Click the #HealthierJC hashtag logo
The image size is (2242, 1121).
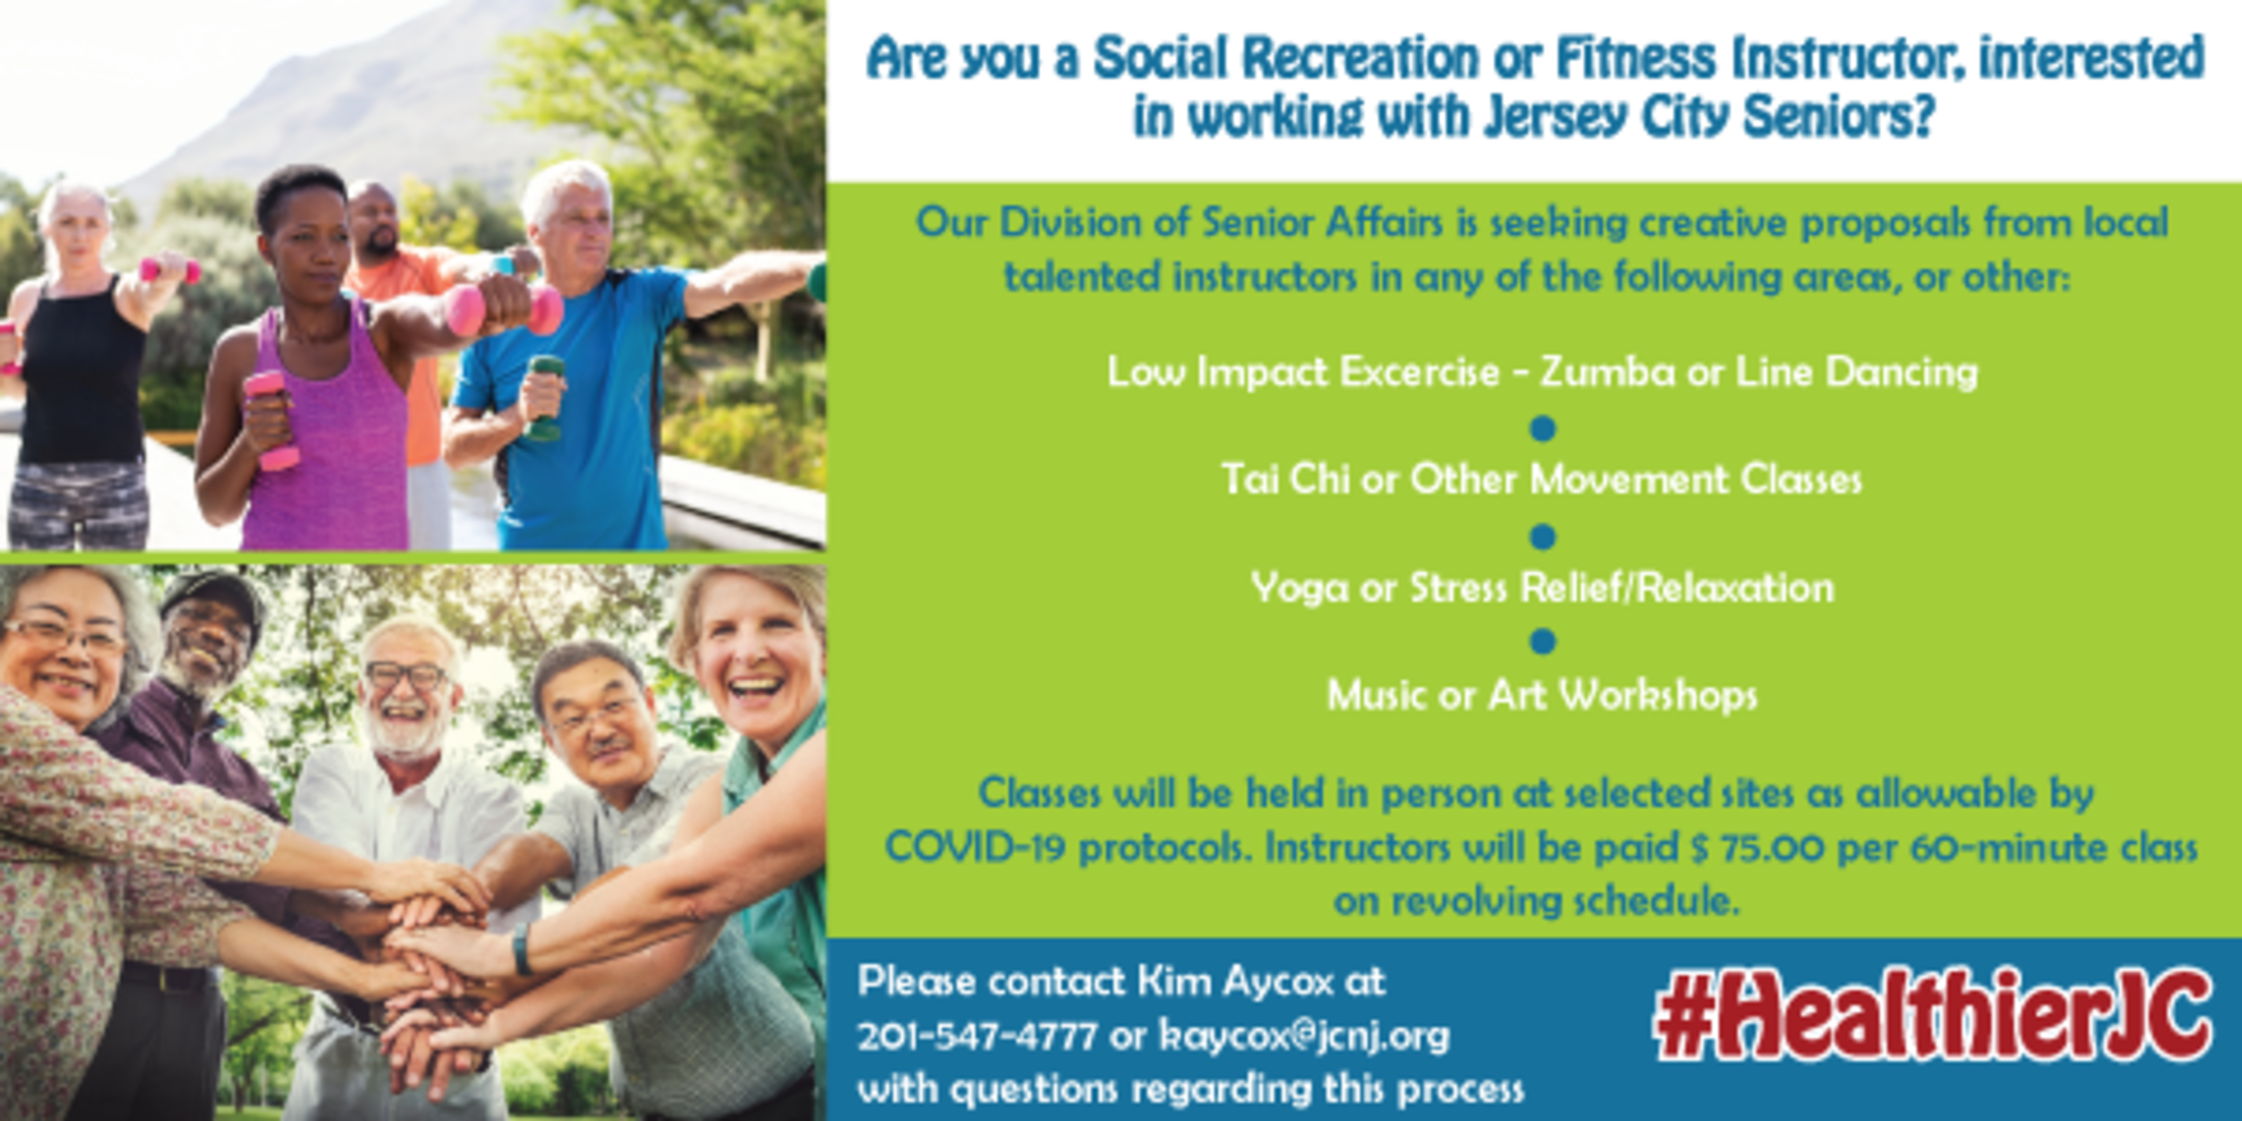(1931, 1016)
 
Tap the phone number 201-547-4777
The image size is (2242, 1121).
(976, 1036)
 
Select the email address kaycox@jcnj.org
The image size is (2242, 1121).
(1303, 1036)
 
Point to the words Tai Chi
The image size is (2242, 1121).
(1285, 480)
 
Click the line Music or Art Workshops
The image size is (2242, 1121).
(1542, 695)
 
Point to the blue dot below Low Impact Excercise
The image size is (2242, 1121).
(1542, 429)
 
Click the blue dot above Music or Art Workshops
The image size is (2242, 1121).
(1542, 641)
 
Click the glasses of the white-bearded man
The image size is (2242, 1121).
(405, 675)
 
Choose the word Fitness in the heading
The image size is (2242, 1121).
(1635, 57)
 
